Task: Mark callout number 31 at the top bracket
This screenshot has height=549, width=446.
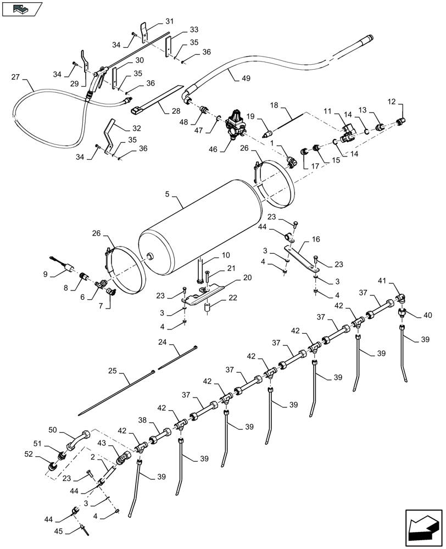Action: point(169,21)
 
